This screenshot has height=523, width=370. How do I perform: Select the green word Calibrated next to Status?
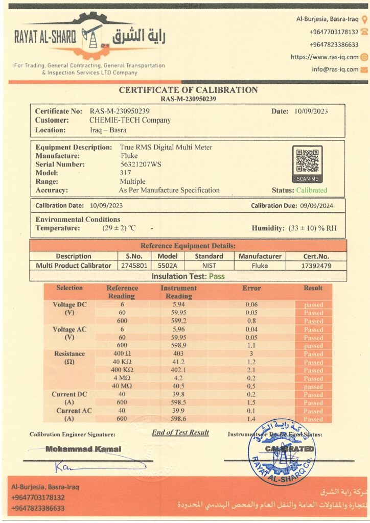311,191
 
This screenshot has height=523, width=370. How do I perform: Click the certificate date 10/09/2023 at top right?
311,111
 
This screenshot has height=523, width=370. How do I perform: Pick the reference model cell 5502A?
167,266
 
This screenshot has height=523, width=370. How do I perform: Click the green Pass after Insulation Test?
216,276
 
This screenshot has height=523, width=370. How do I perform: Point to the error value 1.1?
251,346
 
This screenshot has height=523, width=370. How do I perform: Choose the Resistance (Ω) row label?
70,358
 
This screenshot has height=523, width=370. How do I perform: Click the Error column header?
251,289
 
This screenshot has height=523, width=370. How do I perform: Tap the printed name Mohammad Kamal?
83,449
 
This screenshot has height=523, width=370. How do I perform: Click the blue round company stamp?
282,452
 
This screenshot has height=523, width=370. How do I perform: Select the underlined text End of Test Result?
180,433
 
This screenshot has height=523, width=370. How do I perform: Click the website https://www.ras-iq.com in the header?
325,57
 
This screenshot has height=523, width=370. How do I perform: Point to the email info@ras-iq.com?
335,69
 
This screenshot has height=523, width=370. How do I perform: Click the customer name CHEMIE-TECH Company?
130,121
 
